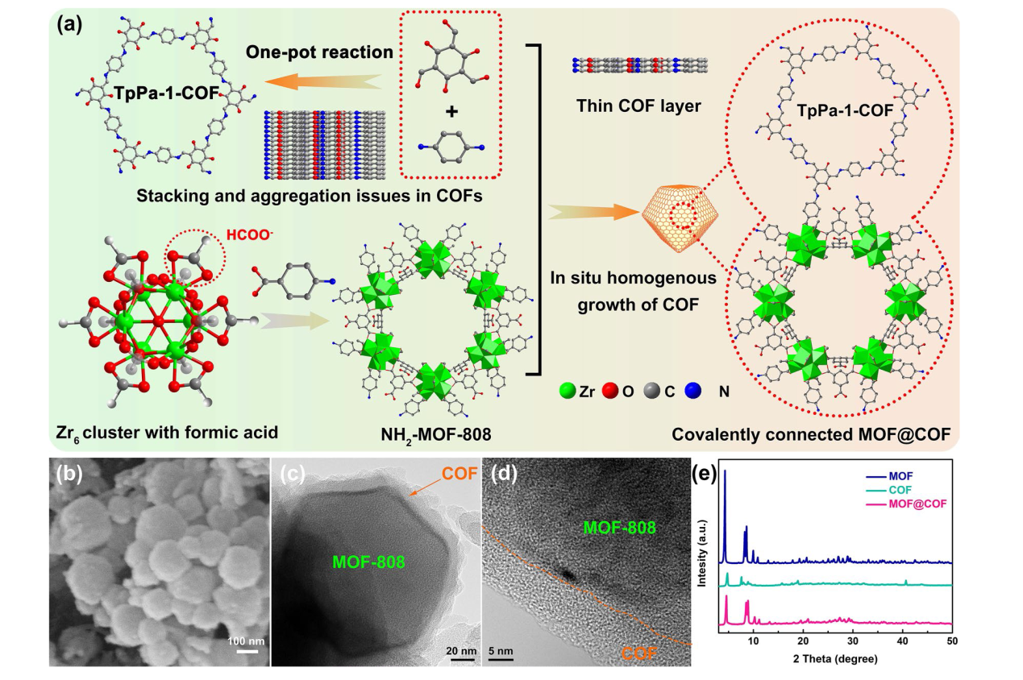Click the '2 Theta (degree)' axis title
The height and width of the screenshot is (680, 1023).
[x=834, y=657]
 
